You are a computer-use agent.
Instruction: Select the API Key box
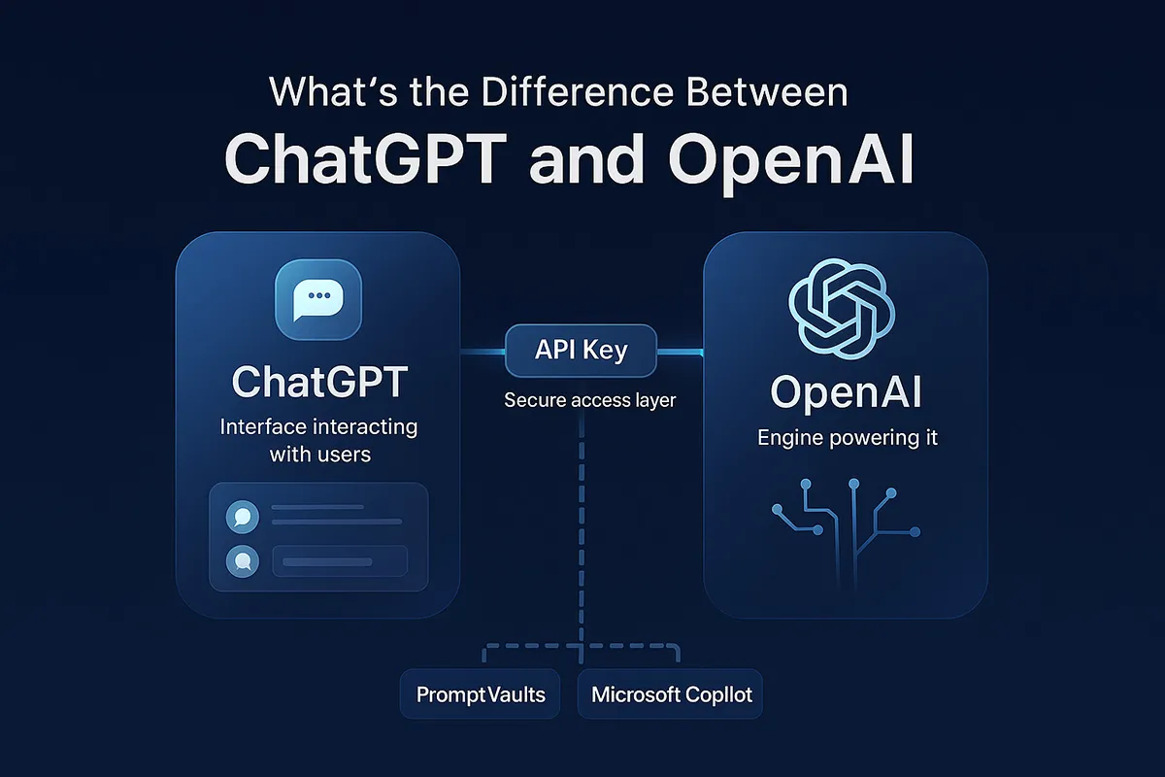click(x=582, y=351)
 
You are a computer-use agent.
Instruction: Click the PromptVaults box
click(x=481, y=694)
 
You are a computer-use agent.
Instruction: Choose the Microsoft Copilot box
click(x=671, y=694)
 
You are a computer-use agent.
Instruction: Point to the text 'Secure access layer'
click(x=589, y=400)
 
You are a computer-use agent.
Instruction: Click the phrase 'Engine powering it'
click(x=848, y=438)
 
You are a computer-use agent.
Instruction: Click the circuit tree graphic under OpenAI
click(x=846, y=524)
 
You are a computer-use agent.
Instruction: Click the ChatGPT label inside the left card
click(x=318, y=383)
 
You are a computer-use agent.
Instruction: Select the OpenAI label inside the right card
click(x=846, y=393)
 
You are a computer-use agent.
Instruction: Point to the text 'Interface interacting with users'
click(x=318, y=439)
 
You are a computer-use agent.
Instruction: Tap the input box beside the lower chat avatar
click(x=340, y=560)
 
